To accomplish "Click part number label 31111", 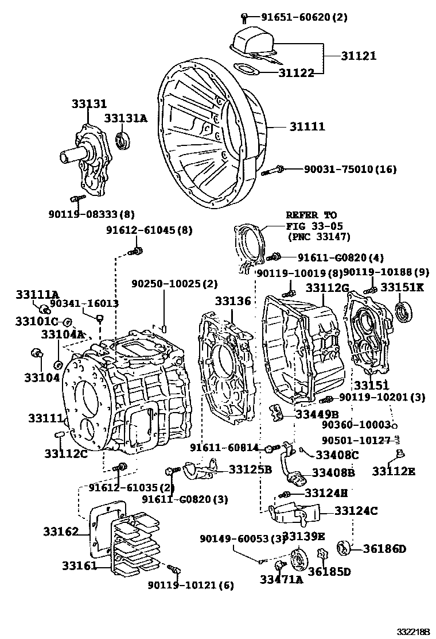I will pos(307,126).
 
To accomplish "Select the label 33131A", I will pos(126,118).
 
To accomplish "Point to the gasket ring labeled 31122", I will pos(247,70).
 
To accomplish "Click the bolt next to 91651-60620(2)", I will pos(244,17).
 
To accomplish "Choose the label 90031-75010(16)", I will pos(350,169).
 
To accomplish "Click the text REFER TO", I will pos(312,215).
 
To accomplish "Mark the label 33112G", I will pos(327,287).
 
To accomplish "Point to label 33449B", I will pos(317,414).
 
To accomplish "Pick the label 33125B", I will pos(250,469).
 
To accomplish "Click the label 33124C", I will pos(356,510).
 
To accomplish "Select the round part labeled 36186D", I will pos(345,548).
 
